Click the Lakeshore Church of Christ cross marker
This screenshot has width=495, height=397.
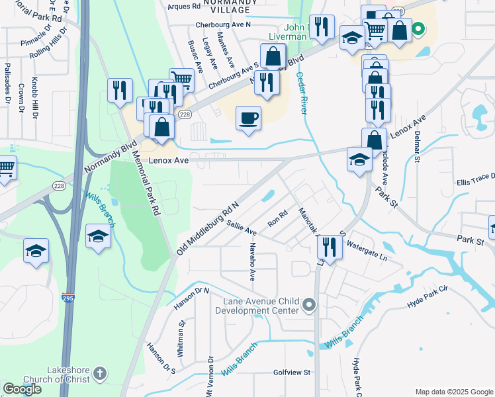(99, 373)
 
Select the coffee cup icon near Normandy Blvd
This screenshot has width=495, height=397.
(249, 118)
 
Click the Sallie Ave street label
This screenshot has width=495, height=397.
(242, 228)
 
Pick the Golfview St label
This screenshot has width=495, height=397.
(292, 373)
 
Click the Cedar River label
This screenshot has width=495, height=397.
(302, 93)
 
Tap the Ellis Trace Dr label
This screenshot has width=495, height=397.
(475, 179)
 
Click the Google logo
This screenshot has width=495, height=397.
(22, 389)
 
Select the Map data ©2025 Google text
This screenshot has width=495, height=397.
(453, 392)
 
